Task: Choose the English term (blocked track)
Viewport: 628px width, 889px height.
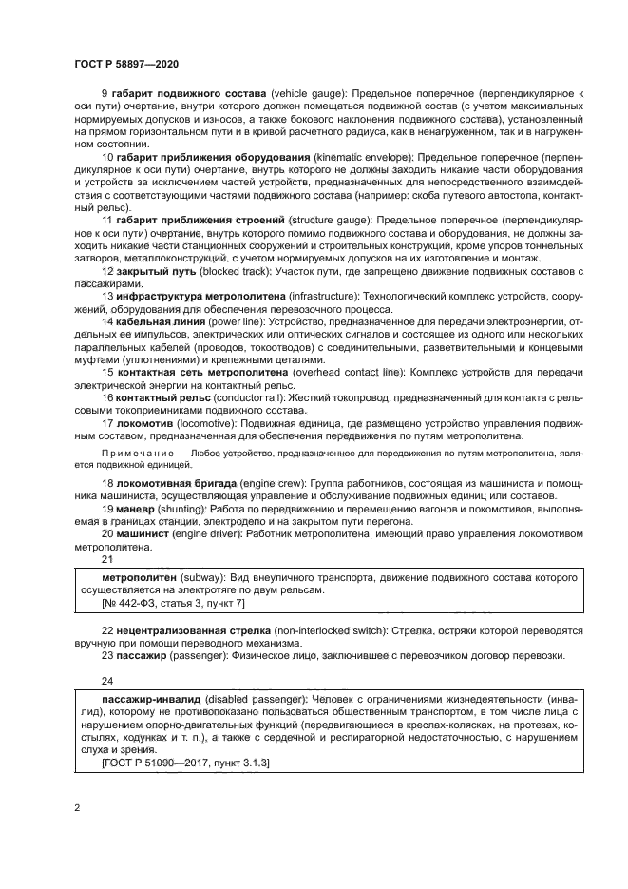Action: click(229, 272)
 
